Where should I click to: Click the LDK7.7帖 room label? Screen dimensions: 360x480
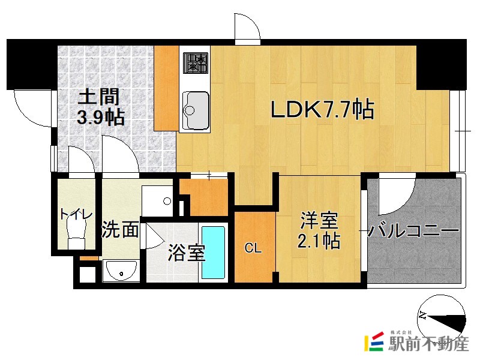pos(323,109)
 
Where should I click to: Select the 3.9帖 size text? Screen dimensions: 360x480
pos(100,116)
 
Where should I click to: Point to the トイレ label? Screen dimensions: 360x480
pos(76,214)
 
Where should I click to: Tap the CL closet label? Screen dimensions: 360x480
pos(253,248)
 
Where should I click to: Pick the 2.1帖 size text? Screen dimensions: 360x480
pos(320,241)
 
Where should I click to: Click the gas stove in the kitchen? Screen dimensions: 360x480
pos(196,61)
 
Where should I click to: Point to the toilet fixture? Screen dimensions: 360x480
pos(76,231)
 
